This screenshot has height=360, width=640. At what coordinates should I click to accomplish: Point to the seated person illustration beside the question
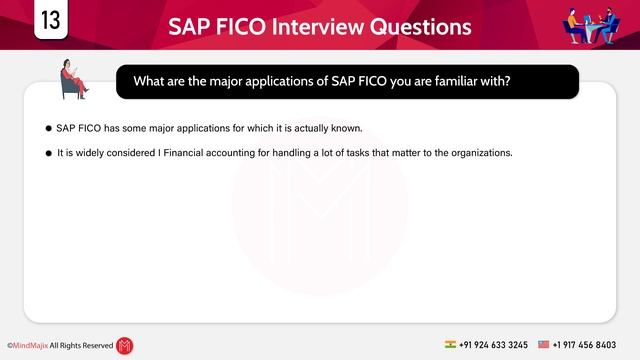(x=74, y=79)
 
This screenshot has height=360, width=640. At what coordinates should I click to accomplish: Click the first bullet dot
(x=48, y=129)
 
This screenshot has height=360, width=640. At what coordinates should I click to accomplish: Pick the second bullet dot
(x=48, y=153)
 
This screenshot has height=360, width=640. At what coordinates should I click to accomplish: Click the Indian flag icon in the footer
(x=451, y=344)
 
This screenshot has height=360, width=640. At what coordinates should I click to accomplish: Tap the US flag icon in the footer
(x=544, y=344)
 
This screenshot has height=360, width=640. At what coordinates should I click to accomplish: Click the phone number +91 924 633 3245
(x=495, y=344)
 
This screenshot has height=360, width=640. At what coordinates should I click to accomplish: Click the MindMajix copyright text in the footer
(x=60, y=345)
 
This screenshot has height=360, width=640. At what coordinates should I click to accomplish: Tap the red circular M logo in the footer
(x=125, y=345)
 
